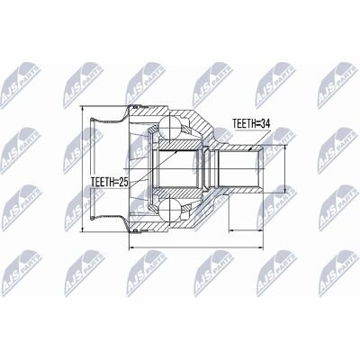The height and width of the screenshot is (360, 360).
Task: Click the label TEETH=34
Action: click(251, 123)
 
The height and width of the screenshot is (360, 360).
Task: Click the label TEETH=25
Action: click(110, 182)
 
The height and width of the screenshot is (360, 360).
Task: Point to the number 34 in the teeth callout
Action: click(265, 123)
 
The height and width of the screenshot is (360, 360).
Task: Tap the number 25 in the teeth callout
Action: click(123, 182)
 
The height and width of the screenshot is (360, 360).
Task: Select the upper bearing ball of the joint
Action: click(170, 127)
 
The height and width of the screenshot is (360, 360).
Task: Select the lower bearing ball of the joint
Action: click(170, 210)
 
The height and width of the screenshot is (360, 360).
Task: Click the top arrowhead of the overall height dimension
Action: click(83, 109)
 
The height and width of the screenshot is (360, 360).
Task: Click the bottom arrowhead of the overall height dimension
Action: click(83, 229)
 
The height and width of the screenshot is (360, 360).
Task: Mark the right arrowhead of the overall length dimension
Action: click(260, 248)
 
